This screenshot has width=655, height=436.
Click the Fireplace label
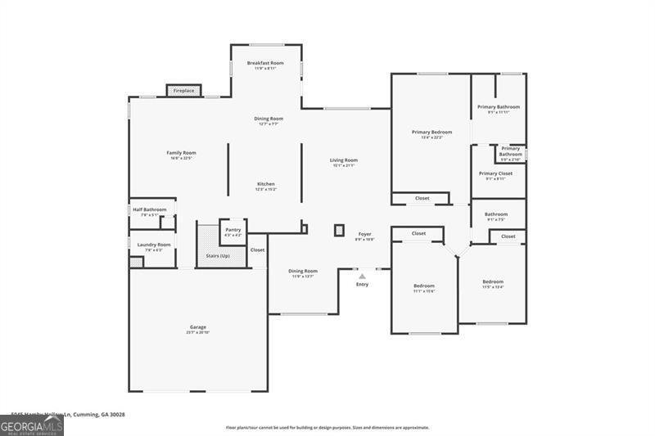coord(183,91)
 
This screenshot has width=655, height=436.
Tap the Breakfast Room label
coord(265,63)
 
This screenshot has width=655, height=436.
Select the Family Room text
coord(181,153)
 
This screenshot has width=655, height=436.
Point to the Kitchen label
coord(266,184)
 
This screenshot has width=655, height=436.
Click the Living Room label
coord(344,160)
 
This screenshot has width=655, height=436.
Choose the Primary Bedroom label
coord(431,132)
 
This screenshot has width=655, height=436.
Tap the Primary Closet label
coord(495,173)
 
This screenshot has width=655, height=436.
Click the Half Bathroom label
coord(149,209)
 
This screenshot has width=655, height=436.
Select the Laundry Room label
coord(154,245)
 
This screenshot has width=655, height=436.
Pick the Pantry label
coord(233,231)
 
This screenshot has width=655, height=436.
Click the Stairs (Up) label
coord(219,256)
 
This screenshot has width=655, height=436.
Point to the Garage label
coord(198,327)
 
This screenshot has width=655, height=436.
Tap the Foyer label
coord(364,235)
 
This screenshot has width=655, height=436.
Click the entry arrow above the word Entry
coord(362,276)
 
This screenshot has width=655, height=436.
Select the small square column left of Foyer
coord(339,231)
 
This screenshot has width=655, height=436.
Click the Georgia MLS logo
coord(32,425)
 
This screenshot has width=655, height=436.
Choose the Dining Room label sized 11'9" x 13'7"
coord(302,271)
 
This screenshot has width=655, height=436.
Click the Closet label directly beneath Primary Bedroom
coord(422,198)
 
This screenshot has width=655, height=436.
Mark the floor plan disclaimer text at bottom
coord(327,427)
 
